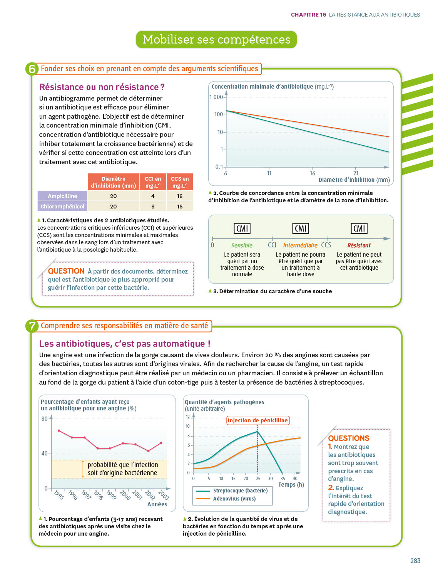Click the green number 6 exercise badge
coord(32,69)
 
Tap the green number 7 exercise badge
coord(32,326)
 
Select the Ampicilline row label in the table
coord(62,196)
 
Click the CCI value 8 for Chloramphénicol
coord(153,207)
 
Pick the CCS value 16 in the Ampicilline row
coord(180,196)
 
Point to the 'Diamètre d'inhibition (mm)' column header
coord(114,182)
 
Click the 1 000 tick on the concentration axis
coord(216,97)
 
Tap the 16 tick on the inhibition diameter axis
coord(313,173)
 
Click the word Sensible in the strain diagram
coord(242,245)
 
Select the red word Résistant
coord(359,245)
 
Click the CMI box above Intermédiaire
coord(301,229)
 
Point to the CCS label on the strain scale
coord(326,245)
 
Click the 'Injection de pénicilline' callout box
coord(257,420)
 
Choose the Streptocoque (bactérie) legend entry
coord(240,491)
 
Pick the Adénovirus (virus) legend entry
coord(234,499)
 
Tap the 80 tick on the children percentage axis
coord(45,419)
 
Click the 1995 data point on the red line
coord(59,430)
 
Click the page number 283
coord(415,561)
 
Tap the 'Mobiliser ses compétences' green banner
coord(216,39)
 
